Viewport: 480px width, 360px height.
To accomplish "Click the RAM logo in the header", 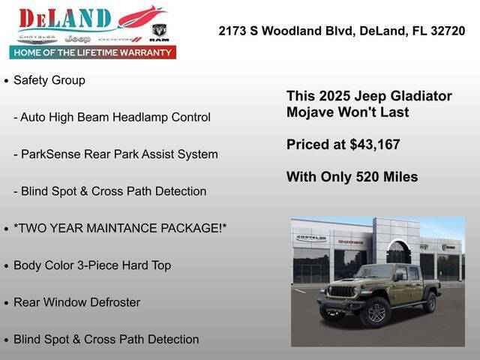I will pyautogui.click(x=159, y=32).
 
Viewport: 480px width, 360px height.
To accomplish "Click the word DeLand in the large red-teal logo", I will pyautogui.click(x=65, y=18).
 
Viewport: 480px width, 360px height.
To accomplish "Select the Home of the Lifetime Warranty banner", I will pyautogui.click(x=92, y=53).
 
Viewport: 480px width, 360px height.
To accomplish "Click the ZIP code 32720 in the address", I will pyautogui.click(x=448, y=31).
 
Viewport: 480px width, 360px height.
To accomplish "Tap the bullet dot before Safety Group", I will pyautogui.click(x=7, y=80).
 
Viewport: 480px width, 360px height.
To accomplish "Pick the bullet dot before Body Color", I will pyautogui.click(x=7, y=265).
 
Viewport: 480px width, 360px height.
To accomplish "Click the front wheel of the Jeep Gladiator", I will pyautogui.click(x=374, y=312).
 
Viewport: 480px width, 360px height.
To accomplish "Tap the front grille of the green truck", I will pyautogui.click(x=341, y=292).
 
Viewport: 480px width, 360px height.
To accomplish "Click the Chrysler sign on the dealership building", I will pyautogui.click(x=311, y=238).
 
